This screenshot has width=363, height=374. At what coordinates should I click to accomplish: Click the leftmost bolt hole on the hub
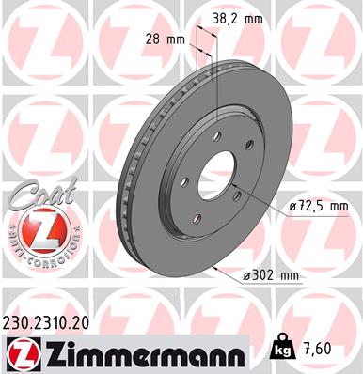(x=186, y=181)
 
